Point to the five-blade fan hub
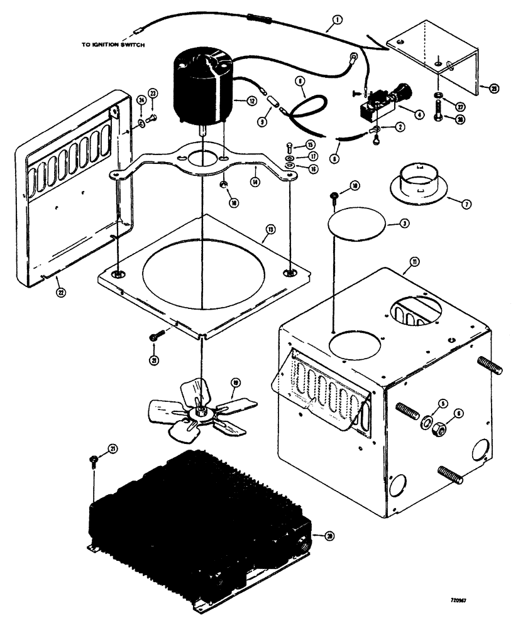click(202, 411)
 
